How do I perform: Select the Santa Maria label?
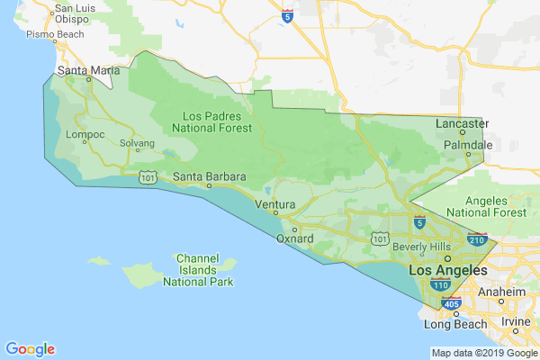[84, 69]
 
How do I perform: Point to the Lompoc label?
[86, 135]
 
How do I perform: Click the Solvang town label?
[137, 143]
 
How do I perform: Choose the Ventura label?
[275, 204]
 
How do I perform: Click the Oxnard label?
[295, 238]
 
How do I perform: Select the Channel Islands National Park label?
[198, 269]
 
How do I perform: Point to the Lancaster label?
[462, 123]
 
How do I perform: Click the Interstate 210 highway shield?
[478, 240]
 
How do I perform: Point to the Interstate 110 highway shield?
[440, 284]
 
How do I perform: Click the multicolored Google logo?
[30, 349]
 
